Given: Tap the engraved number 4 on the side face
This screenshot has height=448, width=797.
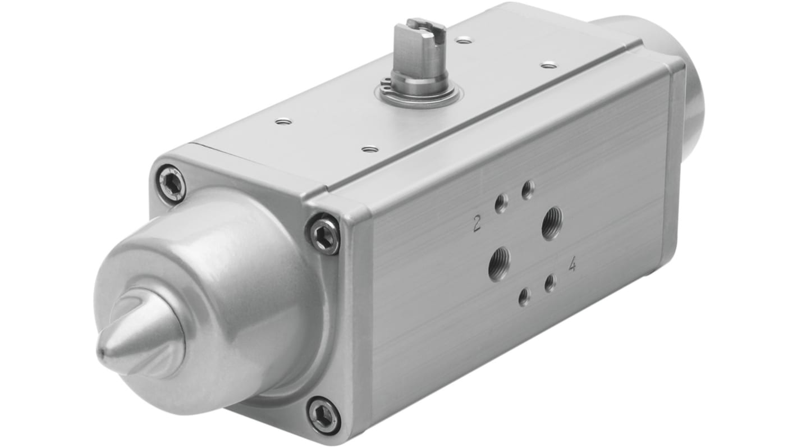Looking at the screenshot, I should pos(572,265).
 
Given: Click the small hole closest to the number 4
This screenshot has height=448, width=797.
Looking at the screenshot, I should pos(550,284).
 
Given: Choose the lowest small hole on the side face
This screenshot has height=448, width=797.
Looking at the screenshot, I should pos(524,298).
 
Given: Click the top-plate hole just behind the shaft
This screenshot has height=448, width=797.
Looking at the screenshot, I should pos(464,40).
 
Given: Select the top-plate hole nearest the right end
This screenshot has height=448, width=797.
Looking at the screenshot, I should pos(548,66).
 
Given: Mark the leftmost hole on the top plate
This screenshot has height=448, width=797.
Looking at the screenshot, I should pos(284,121).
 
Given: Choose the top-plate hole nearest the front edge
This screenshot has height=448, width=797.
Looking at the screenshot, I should pos(370,149).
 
